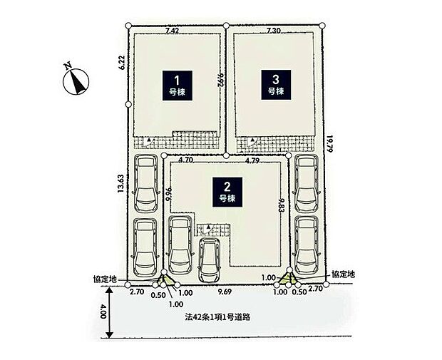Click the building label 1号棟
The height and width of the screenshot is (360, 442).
tap(178, 86)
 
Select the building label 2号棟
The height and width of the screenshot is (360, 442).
tap(227, 192)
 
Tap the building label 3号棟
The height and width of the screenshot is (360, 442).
tap(276, 85)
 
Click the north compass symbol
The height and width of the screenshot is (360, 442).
tap(75, 80)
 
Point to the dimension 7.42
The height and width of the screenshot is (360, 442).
tap(173, 31)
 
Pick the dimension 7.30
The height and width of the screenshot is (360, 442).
tap(274, 31)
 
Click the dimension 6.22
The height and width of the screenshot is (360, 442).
tap(122, 62)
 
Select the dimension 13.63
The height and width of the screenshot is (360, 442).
tap(120, 183)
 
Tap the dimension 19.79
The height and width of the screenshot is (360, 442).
tap(330, 144)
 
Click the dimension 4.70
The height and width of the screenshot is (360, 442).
tap(186, 160)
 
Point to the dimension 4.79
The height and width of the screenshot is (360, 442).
tap(252, 161)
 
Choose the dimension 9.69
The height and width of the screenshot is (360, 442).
tap(225, 292)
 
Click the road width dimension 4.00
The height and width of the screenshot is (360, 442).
tap(103, 312)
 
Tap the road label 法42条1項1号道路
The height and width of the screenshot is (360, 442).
tap(217, 317)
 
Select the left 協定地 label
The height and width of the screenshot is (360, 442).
tap(105, 279)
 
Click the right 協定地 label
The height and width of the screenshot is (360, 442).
tap(343, 274)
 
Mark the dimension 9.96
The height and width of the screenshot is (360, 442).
tap(169, 195)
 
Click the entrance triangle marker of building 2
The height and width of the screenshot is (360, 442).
tap(208, 227)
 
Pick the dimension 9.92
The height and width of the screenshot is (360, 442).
tap(221, 80)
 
